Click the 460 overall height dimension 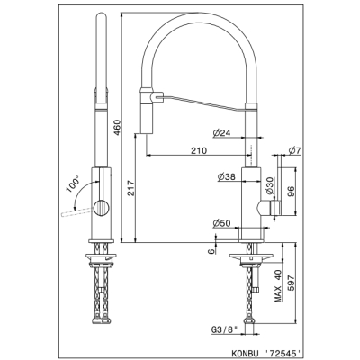117,127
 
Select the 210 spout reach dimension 199,150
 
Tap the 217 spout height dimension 131,188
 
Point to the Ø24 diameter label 222,133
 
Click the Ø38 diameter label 227,177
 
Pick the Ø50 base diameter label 221,223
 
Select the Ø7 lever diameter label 294,151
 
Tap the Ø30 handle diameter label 270,186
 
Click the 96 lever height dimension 291,191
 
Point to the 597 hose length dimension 292,283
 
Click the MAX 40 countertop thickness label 279,285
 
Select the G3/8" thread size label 224,329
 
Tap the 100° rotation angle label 72,184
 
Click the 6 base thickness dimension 211,251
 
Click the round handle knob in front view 101,208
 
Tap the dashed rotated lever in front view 77,211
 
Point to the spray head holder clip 157,97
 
